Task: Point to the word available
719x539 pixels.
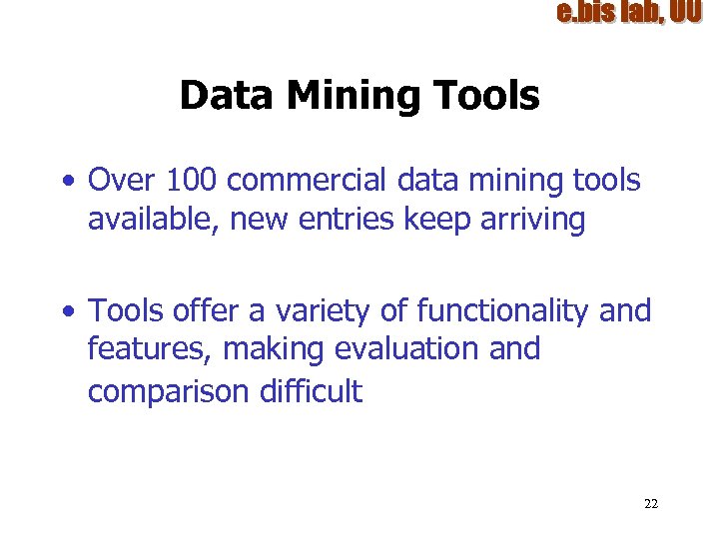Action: click(154, 220)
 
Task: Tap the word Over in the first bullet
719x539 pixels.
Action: click(120, 181)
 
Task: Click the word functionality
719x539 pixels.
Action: click(503, 311)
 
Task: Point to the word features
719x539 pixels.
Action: click(151, 349)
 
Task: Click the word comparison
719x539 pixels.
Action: click(169, 391)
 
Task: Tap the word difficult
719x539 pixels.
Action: click(311, 391)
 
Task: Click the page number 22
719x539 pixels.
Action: click(651, 503)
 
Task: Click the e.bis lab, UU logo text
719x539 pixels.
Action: click(629, 12)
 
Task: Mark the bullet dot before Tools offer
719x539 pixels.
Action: click(67, 312)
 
